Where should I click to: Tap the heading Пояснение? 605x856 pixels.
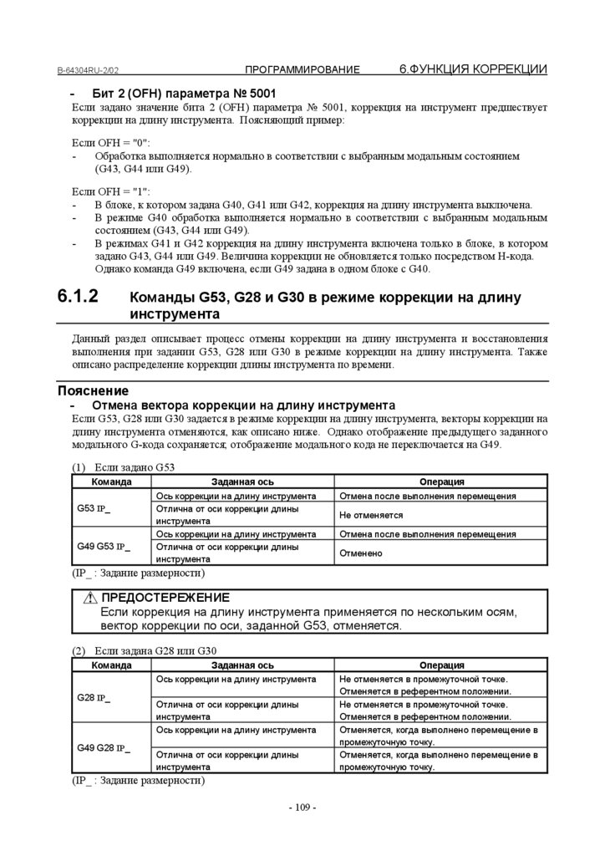click(93, 390)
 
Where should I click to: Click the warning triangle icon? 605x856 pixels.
click(90, 598)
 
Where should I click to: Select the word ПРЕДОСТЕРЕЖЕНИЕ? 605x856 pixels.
click(165, 597)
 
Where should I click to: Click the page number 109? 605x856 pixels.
click(302, 808)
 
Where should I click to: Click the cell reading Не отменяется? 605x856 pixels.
click(365, 515)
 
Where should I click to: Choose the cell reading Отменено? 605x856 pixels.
click(361, 553)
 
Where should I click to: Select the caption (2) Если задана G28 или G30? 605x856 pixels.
click(145, 651)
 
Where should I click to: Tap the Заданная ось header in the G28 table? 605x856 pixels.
click(242, 665)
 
